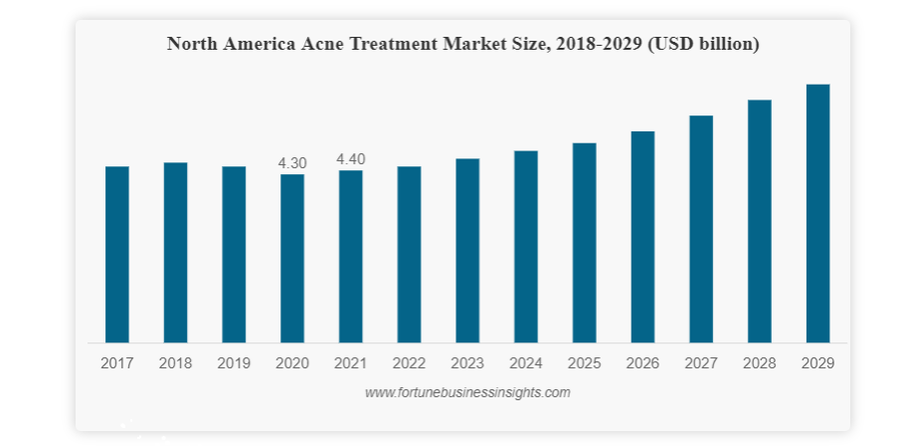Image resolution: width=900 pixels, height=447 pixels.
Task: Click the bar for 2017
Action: [x=117, y=255]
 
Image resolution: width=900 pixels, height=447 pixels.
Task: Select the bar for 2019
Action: [x=234, y=255]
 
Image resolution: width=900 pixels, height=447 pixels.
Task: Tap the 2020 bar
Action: [x=292, y=259]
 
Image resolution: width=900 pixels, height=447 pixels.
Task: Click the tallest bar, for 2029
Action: [x=817, y=214]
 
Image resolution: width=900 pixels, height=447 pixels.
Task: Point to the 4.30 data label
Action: [x=292, y=162]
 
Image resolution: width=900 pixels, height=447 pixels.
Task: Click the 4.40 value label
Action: [x=351, y=158]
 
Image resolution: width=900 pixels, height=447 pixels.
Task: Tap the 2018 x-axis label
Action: [x=176, y=363]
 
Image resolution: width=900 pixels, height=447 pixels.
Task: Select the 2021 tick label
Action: [x=351, y=363]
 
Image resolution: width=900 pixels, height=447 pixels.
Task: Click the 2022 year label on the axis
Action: [x=409, y=363]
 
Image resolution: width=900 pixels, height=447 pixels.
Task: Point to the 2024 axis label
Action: [x=526, y=363]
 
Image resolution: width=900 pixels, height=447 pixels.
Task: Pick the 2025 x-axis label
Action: [x=584, y=363]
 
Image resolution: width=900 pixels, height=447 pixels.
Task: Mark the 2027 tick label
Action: [x=701, y=363]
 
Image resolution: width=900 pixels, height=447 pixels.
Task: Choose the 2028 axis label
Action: [x=759, y=363]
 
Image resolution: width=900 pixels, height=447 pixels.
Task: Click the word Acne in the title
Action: [x=323, y=44]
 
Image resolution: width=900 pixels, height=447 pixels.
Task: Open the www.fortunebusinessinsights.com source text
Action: [x=467, y=393]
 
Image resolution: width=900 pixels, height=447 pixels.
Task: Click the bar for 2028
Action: [x=760, y=221]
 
